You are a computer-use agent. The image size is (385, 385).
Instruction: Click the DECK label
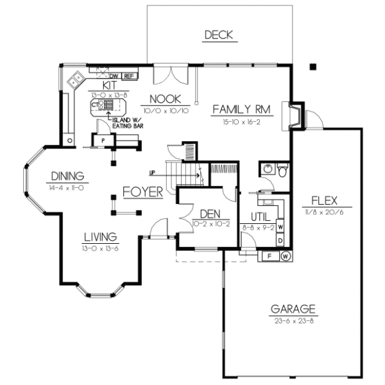click(218, 35)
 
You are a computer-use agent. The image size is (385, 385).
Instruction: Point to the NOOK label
click(165, 99)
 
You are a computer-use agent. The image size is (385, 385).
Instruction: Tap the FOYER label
click(142, 192)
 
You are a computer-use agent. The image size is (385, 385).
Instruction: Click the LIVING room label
click(99, 236)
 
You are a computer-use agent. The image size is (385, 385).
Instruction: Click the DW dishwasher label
click(114, 76)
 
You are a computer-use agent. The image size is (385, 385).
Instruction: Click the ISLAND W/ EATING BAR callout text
click(128, 123)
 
